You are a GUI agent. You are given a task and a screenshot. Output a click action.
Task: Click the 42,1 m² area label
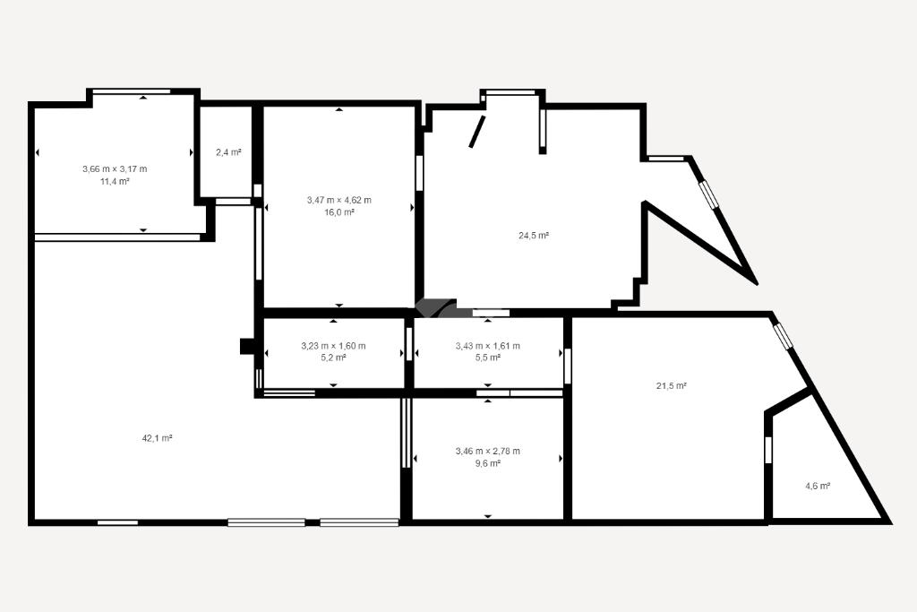[157, 438]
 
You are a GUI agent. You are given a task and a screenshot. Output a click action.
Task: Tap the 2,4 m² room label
[228, 152]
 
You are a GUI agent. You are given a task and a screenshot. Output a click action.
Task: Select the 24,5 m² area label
[534, 236]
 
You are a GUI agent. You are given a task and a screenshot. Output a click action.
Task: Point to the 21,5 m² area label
[671, 386]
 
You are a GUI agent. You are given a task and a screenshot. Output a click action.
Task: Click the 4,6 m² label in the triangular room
[818, 486]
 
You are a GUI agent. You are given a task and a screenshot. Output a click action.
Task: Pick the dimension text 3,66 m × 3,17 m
[115, 169]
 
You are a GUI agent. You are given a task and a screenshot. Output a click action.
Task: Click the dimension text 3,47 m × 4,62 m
[339, 200]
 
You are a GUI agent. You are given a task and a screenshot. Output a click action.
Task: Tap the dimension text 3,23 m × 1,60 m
[333, 346]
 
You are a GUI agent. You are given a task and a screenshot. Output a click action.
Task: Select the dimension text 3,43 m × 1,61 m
[488, 346]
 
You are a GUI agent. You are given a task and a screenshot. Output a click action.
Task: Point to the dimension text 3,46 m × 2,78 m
[488, 451]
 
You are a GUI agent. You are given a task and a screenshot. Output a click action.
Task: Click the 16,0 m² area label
[339, 212]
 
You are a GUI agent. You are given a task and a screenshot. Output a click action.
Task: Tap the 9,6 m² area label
[488, 463]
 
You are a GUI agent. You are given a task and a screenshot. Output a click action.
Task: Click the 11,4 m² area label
[115, 181]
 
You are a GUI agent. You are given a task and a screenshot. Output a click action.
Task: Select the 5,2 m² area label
[333, 358]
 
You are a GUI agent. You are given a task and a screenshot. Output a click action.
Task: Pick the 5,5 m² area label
[488, 358]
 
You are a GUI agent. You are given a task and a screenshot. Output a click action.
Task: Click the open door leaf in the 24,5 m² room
[477, 132]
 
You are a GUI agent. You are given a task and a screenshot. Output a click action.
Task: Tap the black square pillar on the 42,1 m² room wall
[247, 347]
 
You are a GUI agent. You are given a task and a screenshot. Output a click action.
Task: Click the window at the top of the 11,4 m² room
[132, 91]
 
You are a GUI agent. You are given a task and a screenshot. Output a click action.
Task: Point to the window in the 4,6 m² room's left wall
[768, 450]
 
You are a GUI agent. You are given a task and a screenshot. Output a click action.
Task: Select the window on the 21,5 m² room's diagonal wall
[781, 338]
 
